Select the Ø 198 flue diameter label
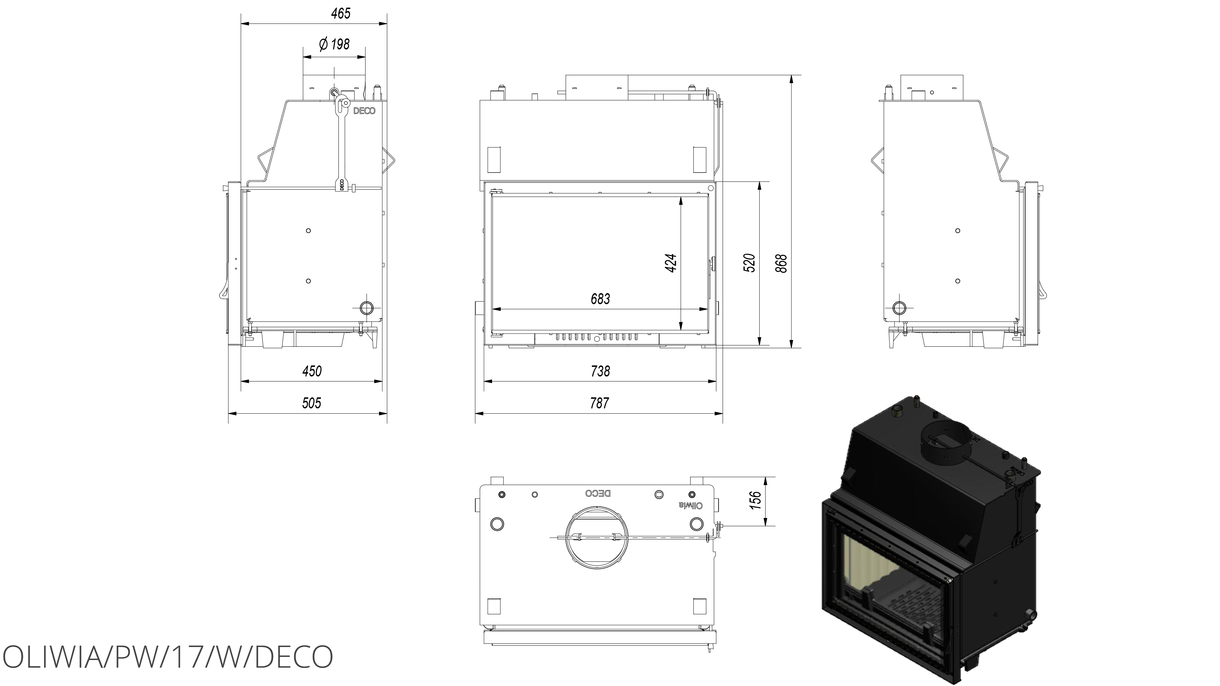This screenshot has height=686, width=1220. click(x=334, y=44)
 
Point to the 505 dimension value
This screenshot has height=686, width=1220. click(x=312, y=403)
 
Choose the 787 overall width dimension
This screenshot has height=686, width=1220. click(x=600, y=403)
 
